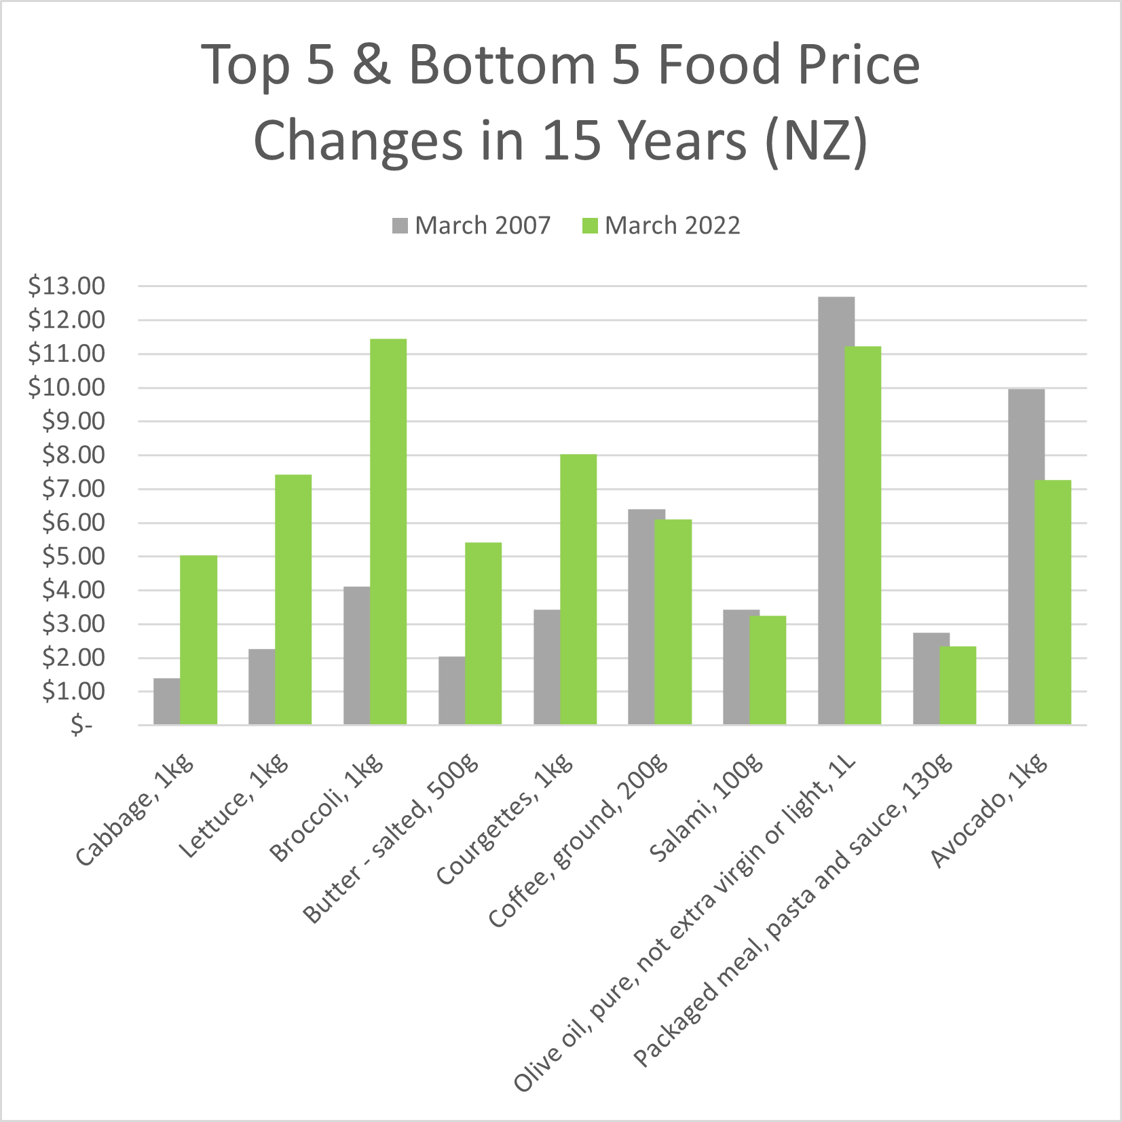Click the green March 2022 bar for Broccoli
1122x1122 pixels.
[x=388, y=532]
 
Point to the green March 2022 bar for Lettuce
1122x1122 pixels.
[x=293, y=600]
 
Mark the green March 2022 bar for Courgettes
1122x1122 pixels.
[x=578, y=590]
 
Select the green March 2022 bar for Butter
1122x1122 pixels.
[x=483, y=634]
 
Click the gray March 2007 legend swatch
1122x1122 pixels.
[x=400, y=226]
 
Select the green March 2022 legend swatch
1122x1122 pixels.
[x=590, y=226]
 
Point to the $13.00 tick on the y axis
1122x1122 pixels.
[x=67, y=286]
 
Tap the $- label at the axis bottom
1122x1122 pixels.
[x=81, y=726]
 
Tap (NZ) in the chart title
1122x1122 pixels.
[x=816, y=141]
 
